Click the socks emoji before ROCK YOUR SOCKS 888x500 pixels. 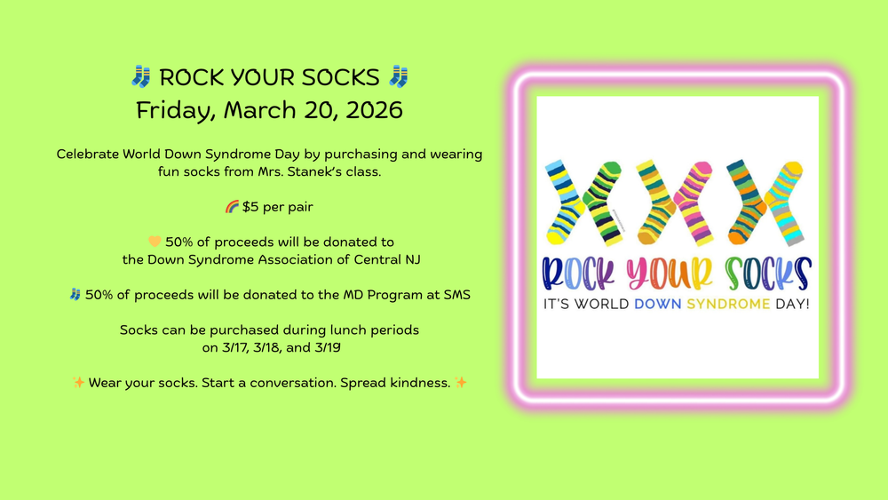click(140, 77)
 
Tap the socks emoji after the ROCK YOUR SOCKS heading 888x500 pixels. click(398, 77)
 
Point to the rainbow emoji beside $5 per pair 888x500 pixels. click(232, 207)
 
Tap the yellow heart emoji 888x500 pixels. click(155, 242)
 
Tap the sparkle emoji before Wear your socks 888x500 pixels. click(79, 382)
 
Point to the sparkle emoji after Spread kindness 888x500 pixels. click(460, 382)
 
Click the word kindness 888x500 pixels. click(418, 382)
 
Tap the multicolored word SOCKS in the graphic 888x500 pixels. click(767, 274)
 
